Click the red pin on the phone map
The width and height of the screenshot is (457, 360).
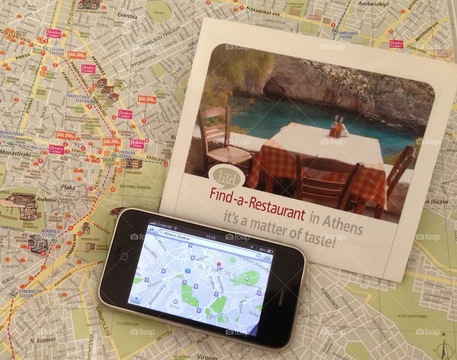[x=219, y=264]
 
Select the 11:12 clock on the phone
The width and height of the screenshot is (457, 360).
[x=210, y=236]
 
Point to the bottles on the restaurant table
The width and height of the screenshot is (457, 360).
[x=336, y=126]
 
